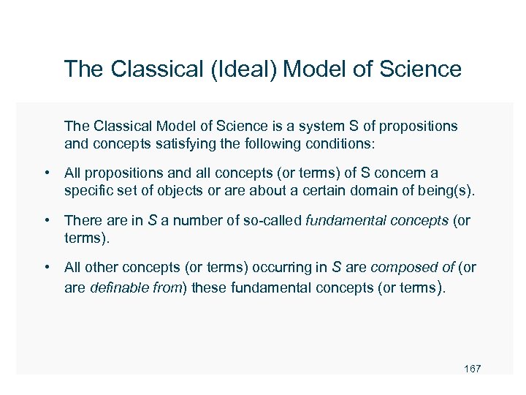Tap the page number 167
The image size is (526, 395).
coord(472,369)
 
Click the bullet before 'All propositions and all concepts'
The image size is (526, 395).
coord(46,174)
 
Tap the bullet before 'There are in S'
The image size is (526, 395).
coord(46,220)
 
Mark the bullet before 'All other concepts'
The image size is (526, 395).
coord(46,268)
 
